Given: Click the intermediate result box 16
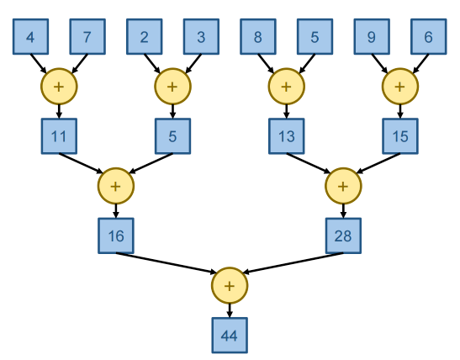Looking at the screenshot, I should click(116, 236).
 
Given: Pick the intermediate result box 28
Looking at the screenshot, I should click(343, 236).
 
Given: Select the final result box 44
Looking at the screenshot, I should click(230, 335).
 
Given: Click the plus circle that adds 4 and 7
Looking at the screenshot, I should click(59, 86).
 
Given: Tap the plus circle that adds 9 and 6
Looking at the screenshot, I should click(399, 86).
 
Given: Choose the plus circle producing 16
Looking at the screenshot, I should click(116, 185).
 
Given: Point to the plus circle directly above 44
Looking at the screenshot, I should click(230, 285).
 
